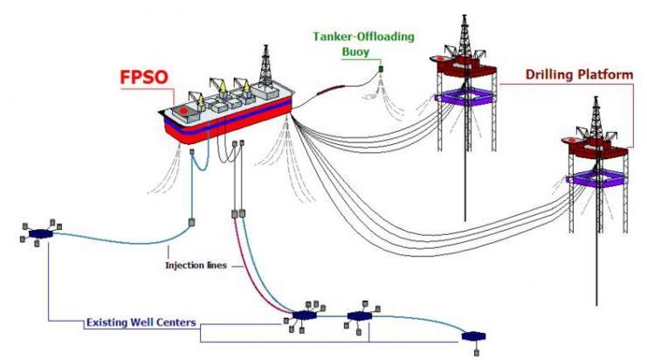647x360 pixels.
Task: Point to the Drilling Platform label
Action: click(578, 75)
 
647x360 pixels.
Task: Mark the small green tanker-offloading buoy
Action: click(380, 68)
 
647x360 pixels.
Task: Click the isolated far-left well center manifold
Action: click(40, 233)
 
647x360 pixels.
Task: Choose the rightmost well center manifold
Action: click(475, 336)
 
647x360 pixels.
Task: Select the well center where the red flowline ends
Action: click(303, 315)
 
